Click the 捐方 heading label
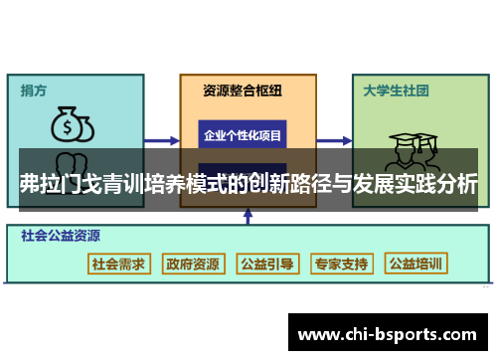point(35,90)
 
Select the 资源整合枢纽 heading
point(243,90)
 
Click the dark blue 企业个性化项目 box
point(243,133)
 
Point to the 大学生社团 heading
point(396,90)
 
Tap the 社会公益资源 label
point(61,238)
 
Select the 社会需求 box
point(118,264)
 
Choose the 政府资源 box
point(193,264)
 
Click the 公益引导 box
point(267,264)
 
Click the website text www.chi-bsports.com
point(387,332)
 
